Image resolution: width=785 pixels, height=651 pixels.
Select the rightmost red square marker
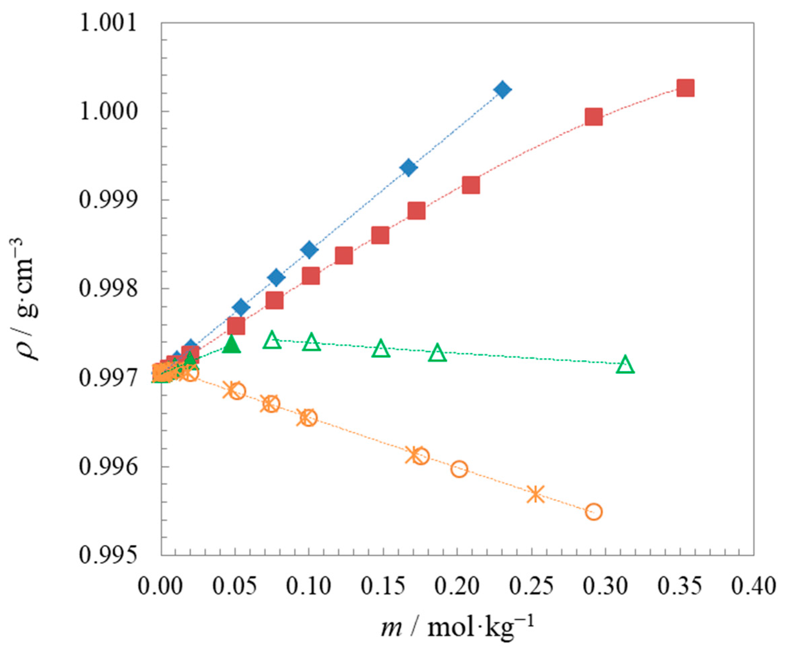686,89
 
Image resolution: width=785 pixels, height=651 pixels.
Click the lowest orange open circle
594,511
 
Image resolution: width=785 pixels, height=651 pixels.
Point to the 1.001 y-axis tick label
108,23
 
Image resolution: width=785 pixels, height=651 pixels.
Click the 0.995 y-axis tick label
108,556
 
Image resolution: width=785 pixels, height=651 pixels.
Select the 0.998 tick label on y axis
108,289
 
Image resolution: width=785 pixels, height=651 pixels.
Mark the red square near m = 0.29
594,117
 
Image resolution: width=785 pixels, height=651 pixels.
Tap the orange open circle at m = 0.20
459,469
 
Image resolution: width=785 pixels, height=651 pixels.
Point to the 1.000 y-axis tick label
108,111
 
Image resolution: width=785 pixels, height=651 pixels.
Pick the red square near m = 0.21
470,185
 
